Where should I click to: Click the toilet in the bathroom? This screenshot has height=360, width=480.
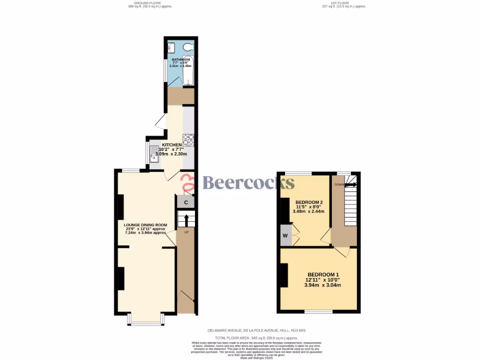pos(188,46)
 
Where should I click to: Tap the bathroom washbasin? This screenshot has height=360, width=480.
pos(171,46)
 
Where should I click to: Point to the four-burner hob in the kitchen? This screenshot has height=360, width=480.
pos(188,139)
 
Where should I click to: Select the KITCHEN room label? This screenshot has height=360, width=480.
pos(172,145)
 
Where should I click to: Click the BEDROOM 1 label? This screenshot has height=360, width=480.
pos(323,275)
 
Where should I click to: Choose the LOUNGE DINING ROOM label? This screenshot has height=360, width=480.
pos(145,225)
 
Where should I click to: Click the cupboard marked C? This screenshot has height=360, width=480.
pos(186,202)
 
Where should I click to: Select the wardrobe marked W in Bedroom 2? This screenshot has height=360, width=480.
pos(285,235)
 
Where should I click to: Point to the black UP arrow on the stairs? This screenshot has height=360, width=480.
pos(186,219)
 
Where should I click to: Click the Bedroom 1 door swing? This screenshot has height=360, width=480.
pos(345,252)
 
